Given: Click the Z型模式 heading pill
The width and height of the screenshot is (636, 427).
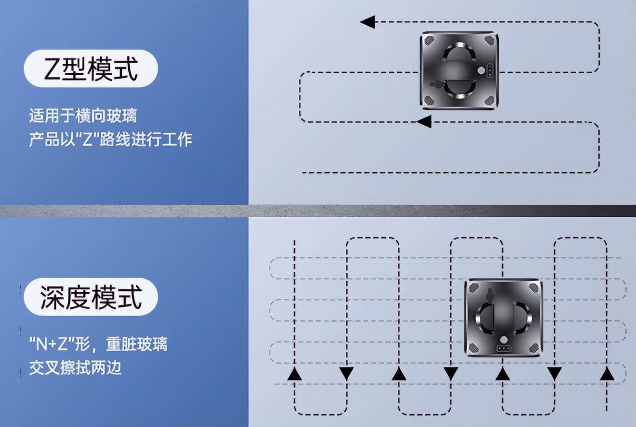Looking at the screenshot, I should pyautogui.click(x=91, y=68).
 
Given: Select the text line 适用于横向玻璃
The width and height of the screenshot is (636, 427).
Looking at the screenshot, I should pyautogui.click(x=83, y=116).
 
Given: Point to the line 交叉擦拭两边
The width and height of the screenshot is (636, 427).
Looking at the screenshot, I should pyautogui.click(x=75, y=368).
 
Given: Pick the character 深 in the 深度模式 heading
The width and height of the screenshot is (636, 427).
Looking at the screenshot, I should pyautogui.click(x=52, y=297).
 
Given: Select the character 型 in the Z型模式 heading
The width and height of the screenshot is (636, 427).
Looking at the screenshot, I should pyautogui.click(x=74, y=69).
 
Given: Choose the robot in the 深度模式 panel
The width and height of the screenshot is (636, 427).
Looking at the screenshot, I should pyautogui.click(x=503, y=317).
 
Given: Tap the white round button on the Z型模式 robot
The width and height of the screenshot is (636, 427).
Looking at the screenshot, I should pyautogui.click(x=480, y=70).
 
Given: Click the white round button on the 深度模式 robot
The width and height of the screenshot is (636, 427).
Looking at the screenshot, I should pyautogui.click(x=503, y=339).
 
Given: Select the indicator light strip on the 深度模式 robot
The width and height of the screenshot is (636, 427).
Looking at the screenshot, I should pyautogui.click(x=503, y=349).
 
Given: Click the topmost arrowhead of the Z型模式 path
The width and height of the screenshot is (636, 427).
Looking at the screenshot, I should pyautogui.click(x=367, y=22).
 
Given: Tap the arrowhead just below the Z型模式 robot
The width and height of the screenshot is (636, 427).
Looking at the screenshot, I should pyautogui.click(x=424, y=121).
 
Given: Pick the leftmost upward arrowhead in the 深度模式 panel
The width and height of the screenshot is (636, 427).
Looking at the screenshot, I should pyautogui.click(x=294, y=374).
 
